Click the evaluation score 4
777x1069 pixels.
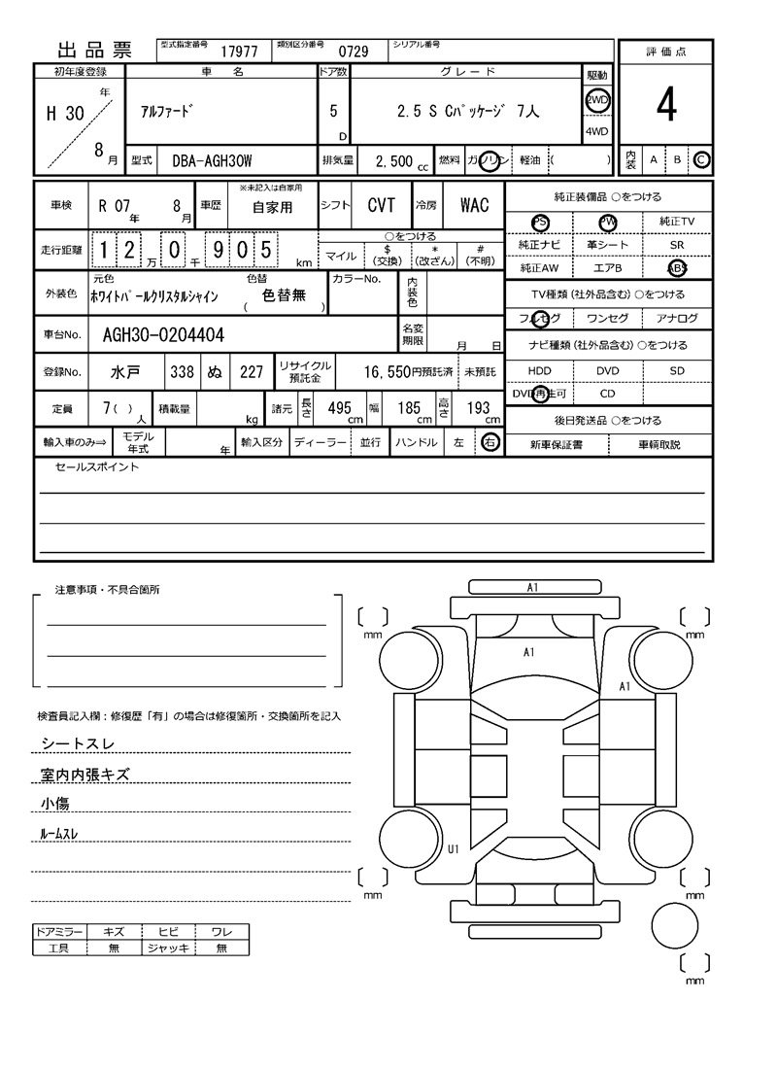pyautogui.click(x=665, y=107)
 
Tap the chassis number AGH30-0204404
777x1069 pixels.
pyautogui.click(x=163, y=335)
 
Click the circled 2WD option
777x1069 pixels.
pyautogui.click(x=596, y=99)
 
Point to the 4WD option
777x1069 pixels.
pyautogui.click(x=596, y=132)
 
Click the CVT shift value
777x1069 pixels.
pyautogui.click(x=381, y=205)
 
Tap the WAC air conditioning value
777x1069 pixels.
pyautogui.click(x=474, y=205)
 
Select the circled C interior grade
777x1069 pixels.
pyautogui.click(x=701, y=159)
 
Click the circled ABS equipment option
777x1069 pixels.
pyautogui.click(x=677, y=268)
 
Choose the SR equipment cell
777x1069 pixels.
pyautogui.click(x=677, y=246)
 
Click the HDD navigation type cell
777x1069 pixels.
pyautogui.click(x=539, y=371)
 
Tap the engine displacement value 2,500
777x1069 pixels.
pyautogui.click(x=393, y=161)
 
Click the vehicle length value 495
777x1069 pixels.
pyautogui.click(x=339, y=409)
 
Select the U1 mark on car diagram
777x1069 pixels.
pyautogui.click(x=453, y=849)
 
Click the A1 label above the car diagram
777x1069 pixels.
pyautogui.click(x=532, y=588)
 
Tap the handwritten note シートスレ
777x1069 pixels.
pyautogui.click(x=77, y=743)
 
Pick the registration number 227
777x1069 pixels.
pyautogui.click(x=252, y=371)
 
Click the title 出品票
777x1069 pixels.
pyautogui.click(x=94, y=51)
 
